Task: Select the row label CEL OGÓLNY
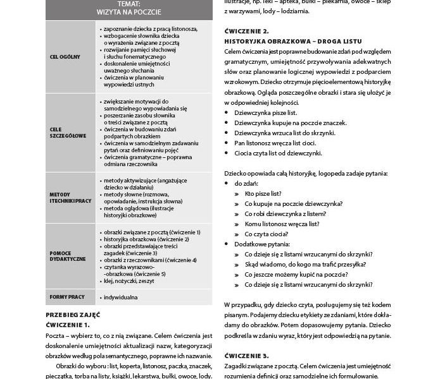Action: point(65,57)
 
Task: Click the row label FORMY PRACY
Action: point(67,296)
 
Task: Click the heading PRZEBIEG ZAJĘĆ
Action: point(73,315)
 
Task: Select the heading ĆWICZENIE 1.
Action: point(68,324)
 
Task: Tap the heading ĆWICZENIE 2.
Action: point(247,31)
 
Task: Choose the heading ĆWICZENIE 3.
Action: point(247,356)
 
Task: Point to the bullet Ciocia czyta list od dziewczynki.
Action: point(278,153)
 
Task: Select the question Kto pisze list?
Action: point(263,193)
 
